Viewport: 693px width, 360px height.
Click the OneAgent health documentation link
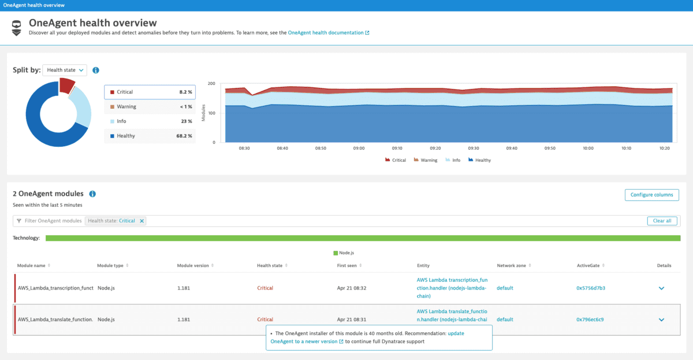tap(326, 33)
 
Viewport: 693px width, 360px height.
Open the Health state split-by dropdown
tap(65, 70)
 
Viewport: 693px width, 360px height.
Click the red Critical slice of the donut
tap(66, 85)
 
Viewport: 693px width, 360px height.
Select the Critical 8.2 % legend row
tap(150, 92)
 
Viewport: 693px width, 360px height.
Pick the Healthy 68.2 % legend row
tap(150, 136)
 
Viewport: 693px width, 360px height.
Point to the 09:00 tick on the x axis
tap(359, 148)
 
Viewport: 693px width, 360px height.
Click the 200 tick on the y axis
tap(211, 84)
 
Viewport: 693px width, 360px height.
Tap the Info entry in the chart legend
tap(453, 160)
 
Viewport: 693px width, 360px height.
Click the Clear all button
tap(661, 221)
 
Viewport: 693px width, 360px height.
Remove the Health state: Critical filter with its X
tap(142, 221)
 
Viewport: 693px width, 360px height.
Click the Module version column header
tap(195, 265)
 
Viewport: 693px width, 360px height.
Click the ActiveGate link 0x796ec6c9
tap(590, 319)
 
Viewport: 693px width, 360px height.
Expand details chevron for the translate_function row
tap(661, 320)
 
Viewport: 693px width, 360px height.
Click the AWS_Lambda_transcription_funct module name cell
tap(55, 288)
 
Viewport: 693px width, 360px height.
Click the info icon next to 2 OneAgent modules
tap(92, 194)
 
